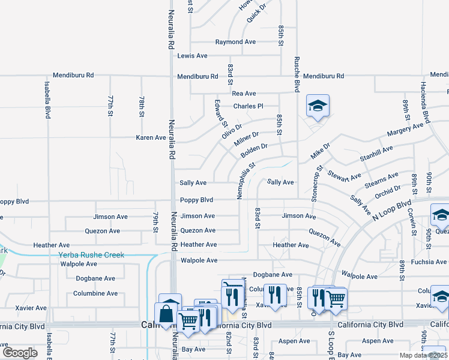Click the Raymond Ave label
point(236,42)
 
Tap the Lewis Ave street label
point(192,56)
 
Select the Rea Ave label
point(244,94)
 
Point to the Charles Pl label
point(248,106)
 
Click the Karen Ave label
point(151,137)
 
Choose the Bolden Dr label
point(254,151)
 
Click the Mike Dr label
point(320,151)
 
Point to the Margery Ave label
point(405,129)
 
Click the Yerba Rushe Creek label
point(91,255)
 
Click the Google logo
point(20,352)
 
